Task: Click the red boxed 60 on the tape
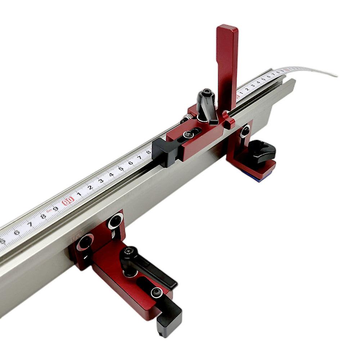coord(68,201)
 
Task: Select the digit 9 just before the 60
coord(55,209)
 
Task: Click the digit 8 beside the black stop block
coord(148,152)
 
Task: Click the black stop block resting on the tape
coord(165,151)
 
